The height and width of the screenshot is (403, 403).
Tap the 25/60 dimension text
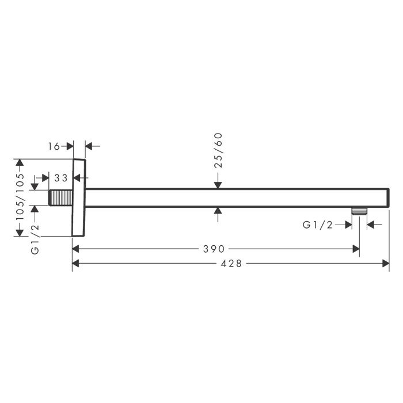pos(218,150)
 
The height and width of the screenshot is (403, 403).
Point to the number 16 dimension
pos(54,147)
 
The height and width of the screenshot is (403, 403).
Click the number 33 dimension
pos(61,178)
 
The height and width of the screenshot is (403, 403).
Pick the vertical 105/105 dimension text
pos(20,196)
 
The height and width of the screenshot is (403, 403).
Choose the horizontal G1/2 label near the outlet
pos(318,225)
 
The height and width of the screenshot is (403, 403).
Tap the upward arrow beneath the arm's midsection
pos(218,211)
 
